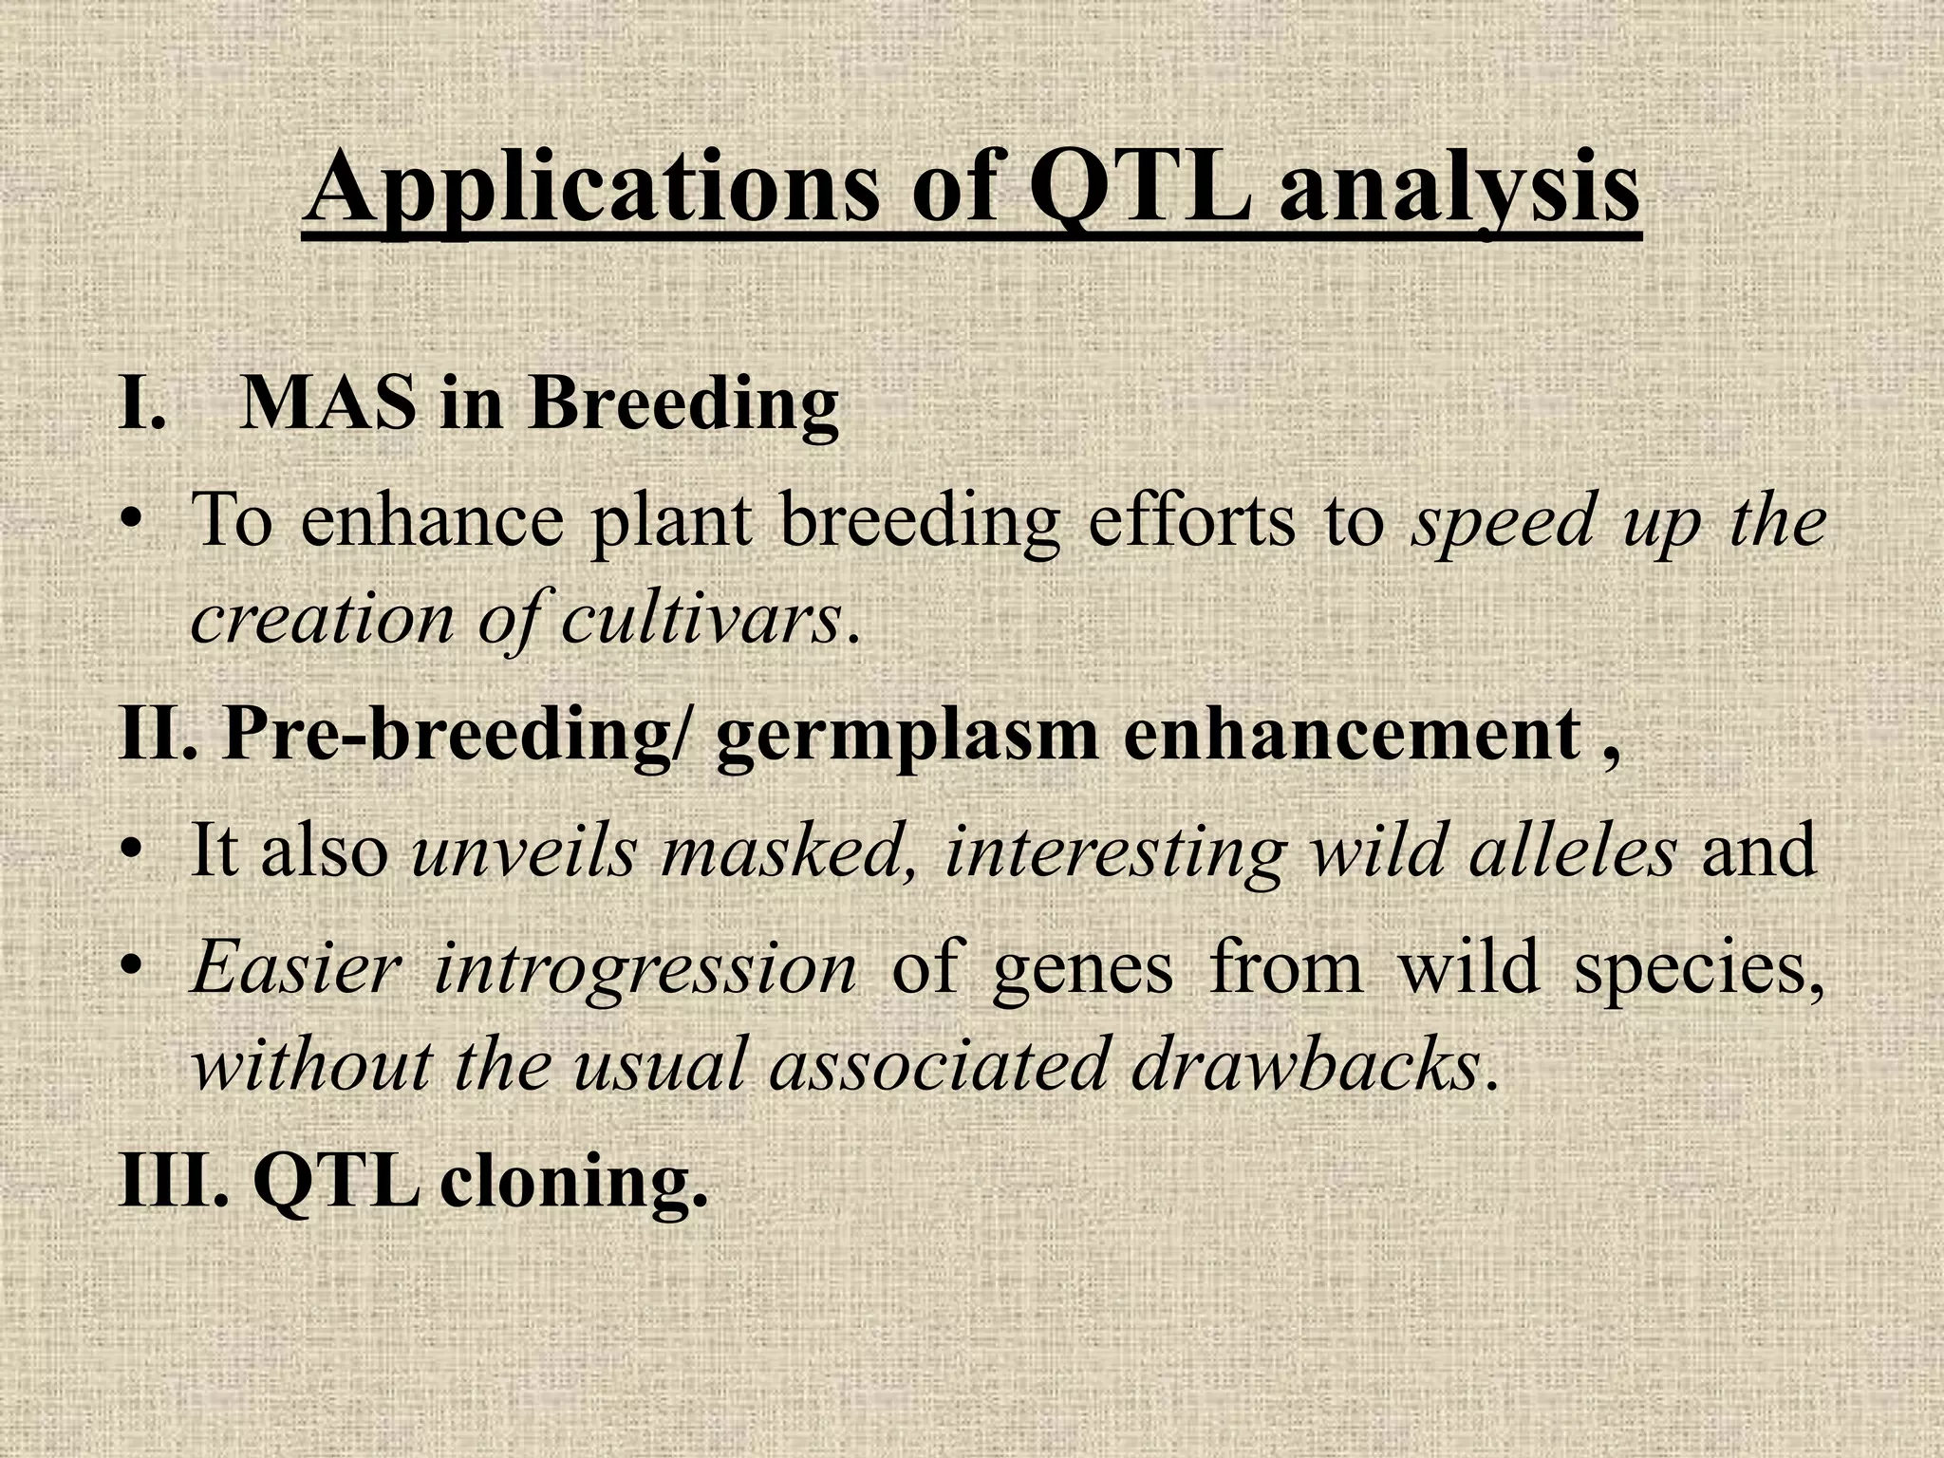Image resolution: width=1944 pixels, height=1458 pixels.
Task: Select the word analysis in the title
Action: [1459, 190]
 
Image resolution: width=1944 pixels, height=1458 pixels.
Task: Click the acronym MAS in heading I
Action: [327, 403]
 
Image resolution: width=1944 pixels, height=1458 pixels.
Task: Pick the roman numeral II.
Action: [157, 735]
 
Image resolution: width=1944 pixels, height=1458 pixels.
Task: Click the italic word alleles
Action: [1572, 850]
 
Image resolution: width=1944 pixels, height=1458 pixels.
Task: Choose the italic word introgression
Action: [645, 970]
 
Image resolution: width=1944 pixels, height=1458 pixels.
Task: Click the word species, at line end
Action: [1699, 970]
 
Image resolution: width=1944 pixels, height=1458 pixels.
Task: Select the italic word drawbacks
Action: [1304, 1065]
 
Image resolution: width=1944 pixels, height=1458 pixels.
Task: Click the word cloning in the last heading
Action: [573, 1183]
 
